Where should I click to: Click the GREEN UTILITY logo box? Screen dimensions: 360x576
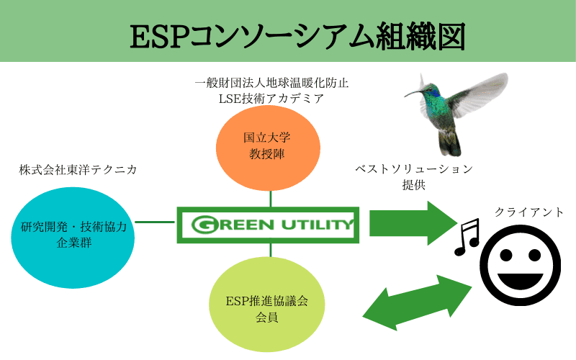click(x=267, y=224)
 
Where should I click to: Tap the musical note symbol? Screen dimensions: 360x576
click(x=466, y=238)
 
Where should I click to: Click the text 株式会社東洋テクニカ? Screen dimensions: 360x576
click(x=78, y=170)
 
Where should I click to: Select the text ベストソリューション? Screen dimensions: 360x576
click(x=414, y=169)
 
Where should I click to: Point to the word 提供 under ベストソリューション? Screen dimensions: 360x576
click(x=414, y=185)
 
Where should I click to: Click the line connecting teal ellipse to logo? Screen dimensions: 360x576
click(x=156, y=222)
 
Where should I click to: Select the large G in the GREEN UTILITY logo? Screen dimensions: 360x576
click(x=204, y=225)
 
